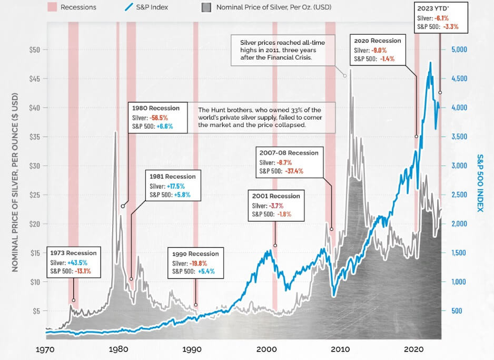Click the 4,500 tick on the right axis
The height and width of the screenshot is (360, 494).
tap(463, 79)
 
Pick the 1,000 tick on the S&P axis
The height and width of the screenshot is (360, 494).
tap(463, 281)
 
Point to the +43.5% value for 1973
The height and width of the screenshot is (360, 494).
tap(77, 262)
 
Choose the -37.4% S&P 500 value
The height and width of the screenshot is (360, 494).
tap(294, 171)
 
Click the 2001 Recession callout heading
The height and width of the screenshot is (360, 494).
tap(276, 196)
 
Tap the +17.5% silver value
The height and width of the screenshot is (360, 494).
tap(175, 186)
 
